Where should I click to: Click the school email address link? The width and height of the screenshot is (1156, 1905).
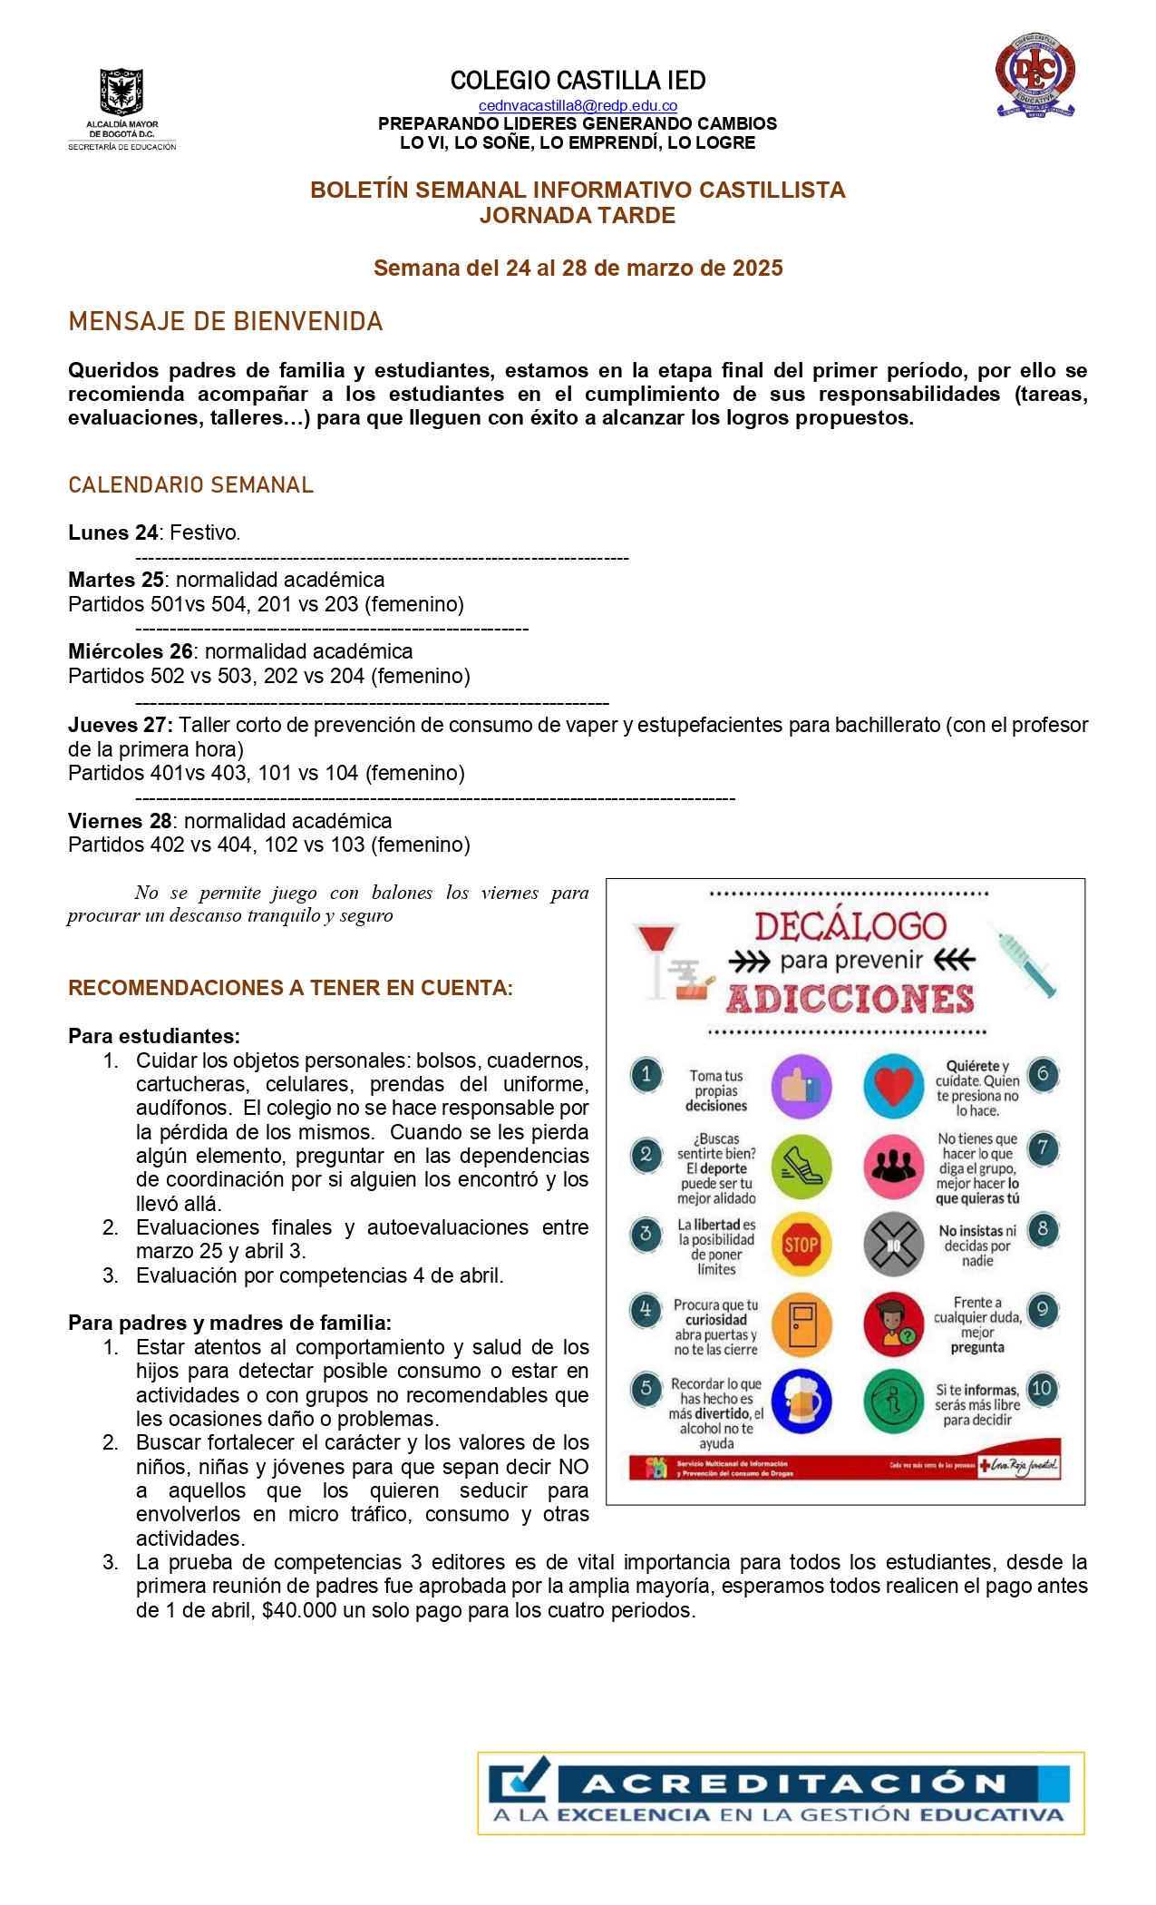[578, 106]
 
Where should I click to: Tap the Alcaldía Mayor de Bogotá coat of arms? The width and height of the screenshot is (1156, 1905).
[121, 93]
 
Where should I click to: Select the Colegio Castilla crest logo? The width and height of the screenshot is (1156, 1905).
[1035, 76]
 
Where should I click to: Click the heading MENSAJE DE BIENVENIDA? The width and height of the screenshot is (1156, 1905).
[226, 322]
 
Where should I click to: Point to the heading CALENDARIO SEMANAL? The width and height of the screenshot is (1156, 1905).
[190, 485]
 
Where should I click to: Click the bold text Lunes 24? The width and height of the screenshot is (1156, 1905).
[113, 532]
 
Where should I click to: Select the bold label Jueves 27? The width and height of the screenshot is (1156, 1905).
[120, 725]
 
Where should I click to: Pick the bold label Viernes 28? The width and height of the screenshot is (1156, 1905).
[120, 821]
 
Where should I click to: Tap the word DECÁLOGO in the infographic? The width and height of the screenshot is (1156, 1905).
[850, 926]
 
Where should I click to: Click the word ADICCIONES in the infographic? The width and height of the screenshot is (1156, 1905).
[850, 999]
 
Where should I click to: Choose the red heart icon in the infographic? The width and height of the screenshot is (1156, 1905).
[893, 1086]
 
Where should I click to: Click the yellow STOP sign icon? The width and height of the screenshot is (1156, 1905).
[801, 1245]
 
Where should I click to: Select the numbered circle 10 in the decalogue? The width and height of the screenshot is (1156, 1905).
[1042, 1388]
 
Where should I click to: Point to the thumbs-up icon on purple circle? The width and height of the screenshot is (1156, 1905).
[801, 1086]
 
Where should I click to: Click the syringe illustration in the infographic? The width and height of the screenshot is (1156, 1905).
[1028, 964]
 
